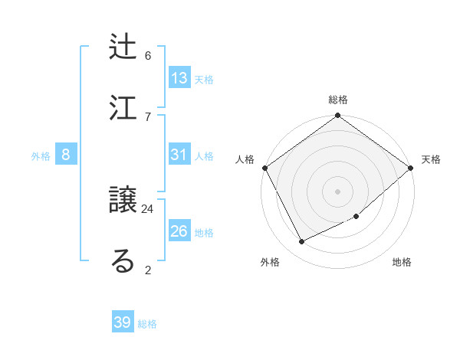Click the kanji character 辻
click(x=123, y=47)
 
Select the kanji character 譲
click(x=123, y=201)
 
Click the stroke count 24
click(x=148, y=208)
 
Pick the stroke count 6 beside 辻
click(x=148, y=55)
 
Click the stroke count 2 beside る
click(x=148, y=269)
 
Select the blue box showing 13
click(x=179, y=78)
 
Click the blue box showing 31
click(x=179, y=155)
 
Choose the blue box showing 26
click(x=179, y=231)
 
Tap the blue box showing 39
click(x=123, y=322)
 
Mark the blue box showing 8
click(x=66, y=155)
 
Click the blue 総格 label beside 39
click(x=147, y=324)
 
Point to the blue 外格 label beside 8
click(x=41, y=156)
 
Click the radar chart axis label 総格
click(x=338, y=100)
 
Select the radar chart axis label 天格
click(x=431, y=159)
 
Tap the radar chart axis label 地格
click(x=402, y=263)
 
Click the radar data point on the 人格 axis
click(x=264, y=168)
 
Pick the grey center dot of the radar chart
click(x=337, y=191)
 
